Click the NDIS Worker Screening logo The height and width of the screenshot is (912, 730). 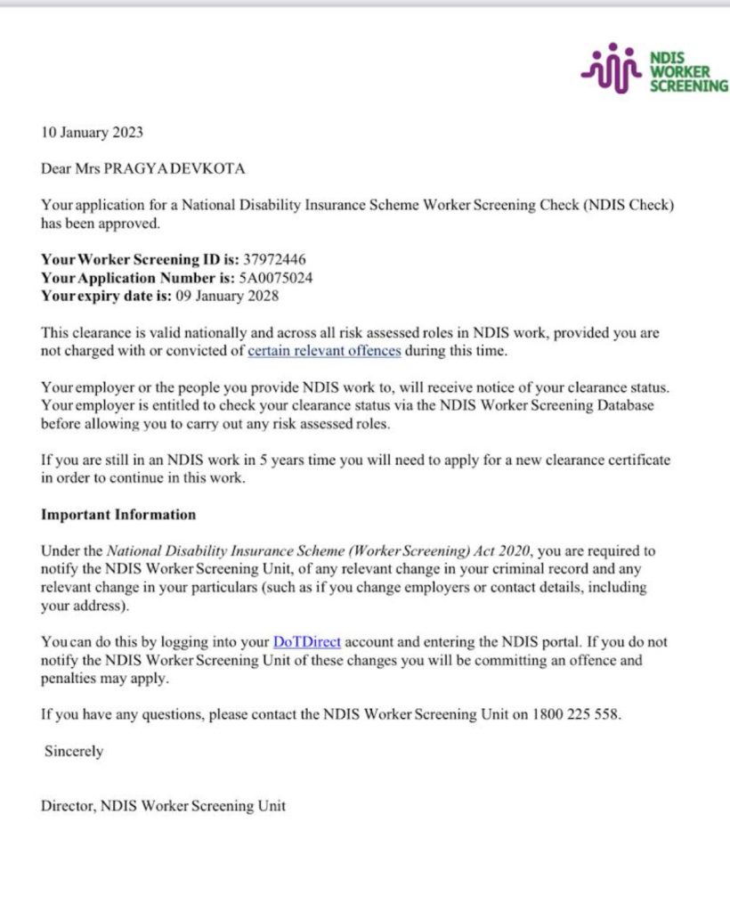pyautogui.click(x=653, y=69)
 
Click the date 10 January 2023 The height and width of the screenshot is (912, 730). pyautogui.click(x=92, y=133)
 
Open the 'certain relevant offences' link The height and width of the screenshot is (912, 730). pyautogui.click(x=324, y=351)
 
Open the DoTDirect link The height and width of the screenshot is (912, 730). pyautogui.click(x=307, y=641)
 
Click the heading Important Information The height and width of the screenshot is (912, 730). pyautogui.click(x=118, y=515)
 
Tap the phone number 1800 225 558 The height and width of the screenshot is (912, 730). pyautogui.click(x=576, y=713)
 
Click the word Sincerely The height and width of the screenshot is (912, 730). pyautogui.click(x=74, y=751)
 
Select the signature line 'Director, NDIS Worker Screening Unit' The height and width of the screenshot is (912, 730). pyautogui.click(x=164, y=807)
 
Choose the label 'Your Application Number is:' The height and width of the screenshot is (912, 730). pyautogui.click(x=137, y=278)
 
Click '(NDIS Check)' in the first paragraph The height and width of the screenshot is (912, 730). pyautogui.click(x=629, y=206)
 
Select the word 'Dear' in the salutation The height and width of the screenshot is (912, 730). pyautogui.click(x=58, y=167)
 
